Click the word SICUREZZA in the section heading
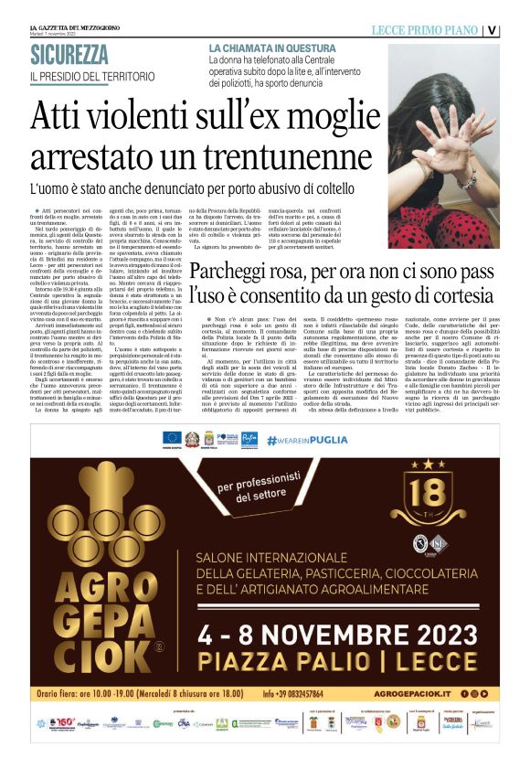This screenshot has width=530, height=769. click(69, 55)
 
